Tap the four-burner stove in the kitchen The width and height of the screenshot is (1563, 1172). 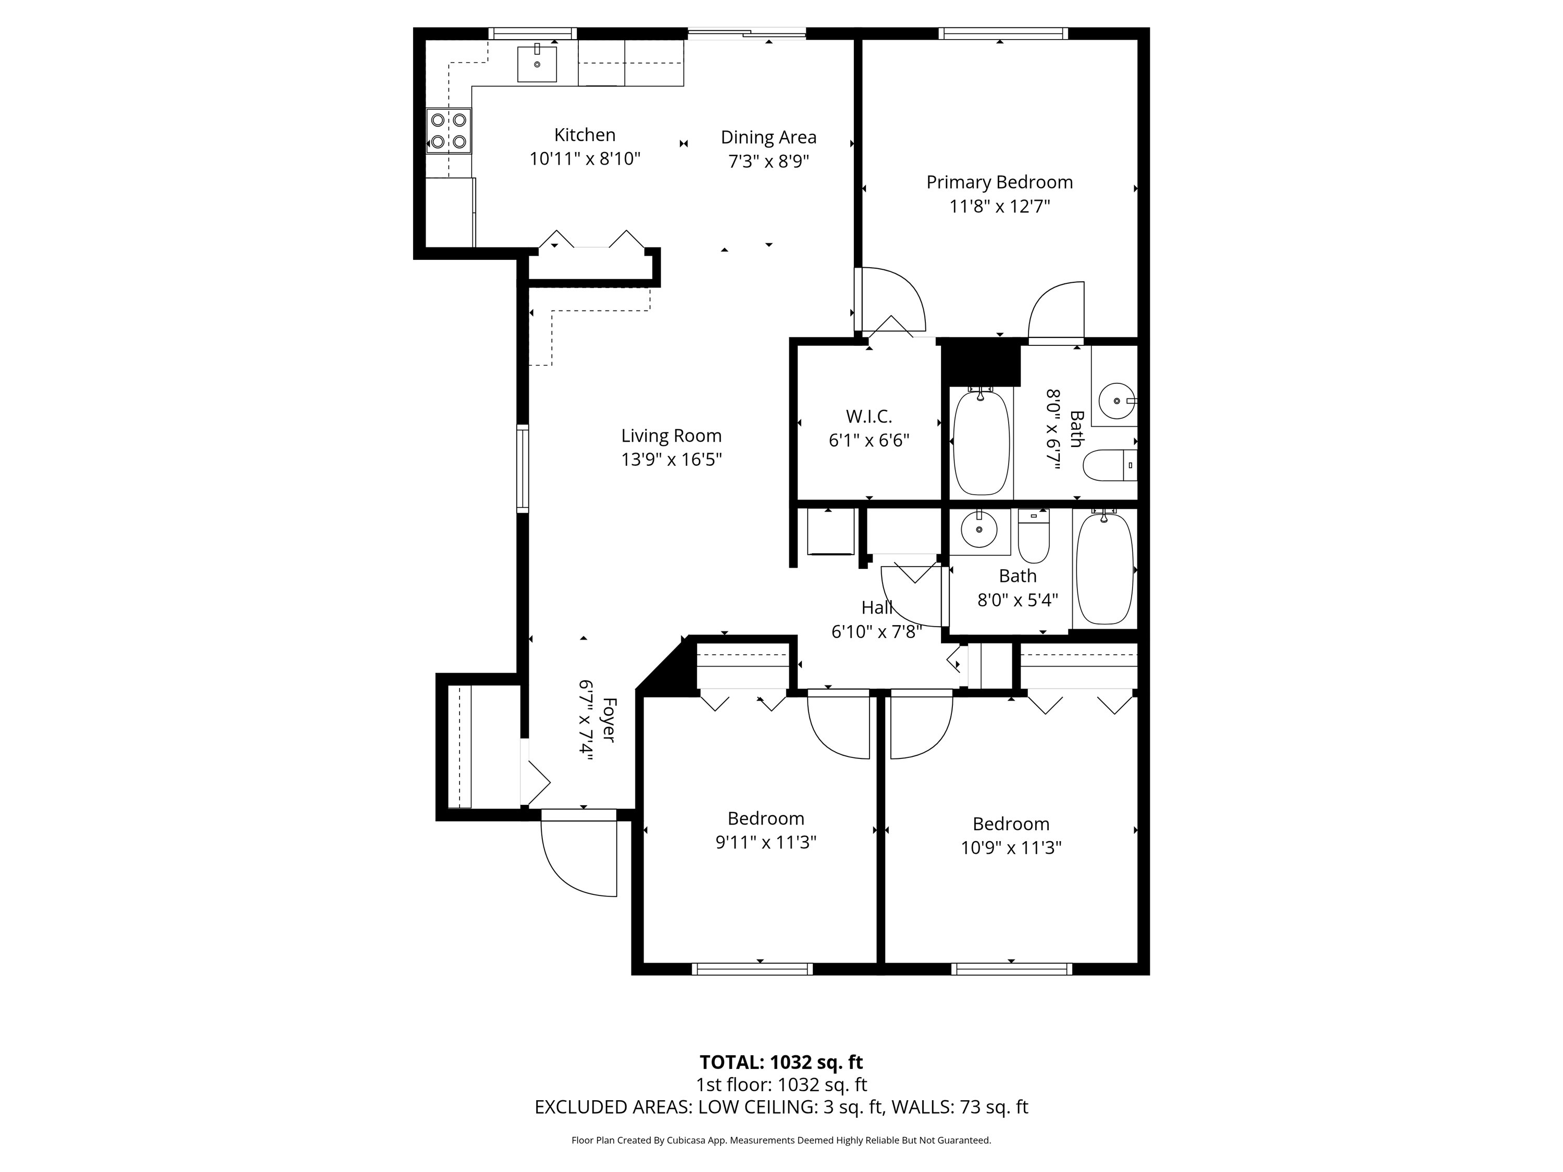tap(449, 131)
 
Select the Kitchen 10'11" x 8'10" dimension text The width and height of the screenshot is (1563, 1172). tap(585, 159)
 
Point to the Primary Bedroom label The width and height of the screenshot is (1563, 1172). tap(999, 182)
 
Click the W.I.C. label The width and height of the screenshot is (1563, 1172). tap(869, 416)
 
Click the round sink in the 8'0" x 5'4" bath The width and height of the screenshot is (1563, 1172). tap(978, 529)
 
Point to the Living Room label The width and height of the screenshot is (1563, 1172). tap(671, 436)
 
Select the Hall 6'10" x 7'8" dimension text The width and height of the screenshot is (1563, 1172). tap(877, 631)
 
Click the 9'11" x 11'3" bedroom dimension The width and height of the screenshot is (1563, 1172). tap(766, 842)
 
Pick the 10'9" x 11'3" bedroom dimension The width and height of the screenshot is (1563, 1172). tap(1011, 847)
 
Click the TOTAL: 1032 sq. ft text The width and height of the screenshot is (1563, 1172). tap(781, 1062)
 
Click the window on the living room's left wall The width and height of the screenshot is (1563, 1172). tap(523, 468)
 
